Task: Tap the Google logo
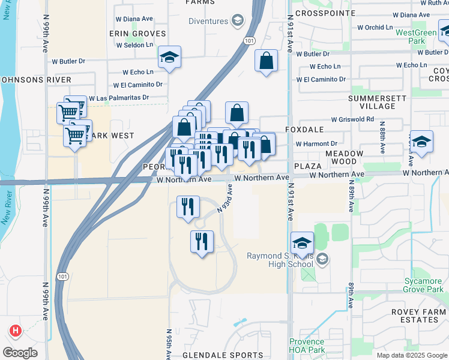click(x=20, y=352)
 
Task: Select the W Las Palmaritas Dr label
click(x=118, y=98)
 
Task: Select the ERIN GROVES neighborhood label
click(x=137, y=34)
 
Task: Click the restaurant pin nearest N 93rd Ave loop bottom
click(x=202, y=242)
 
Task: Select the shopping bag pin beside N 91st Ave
click(x=267, y=61)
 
